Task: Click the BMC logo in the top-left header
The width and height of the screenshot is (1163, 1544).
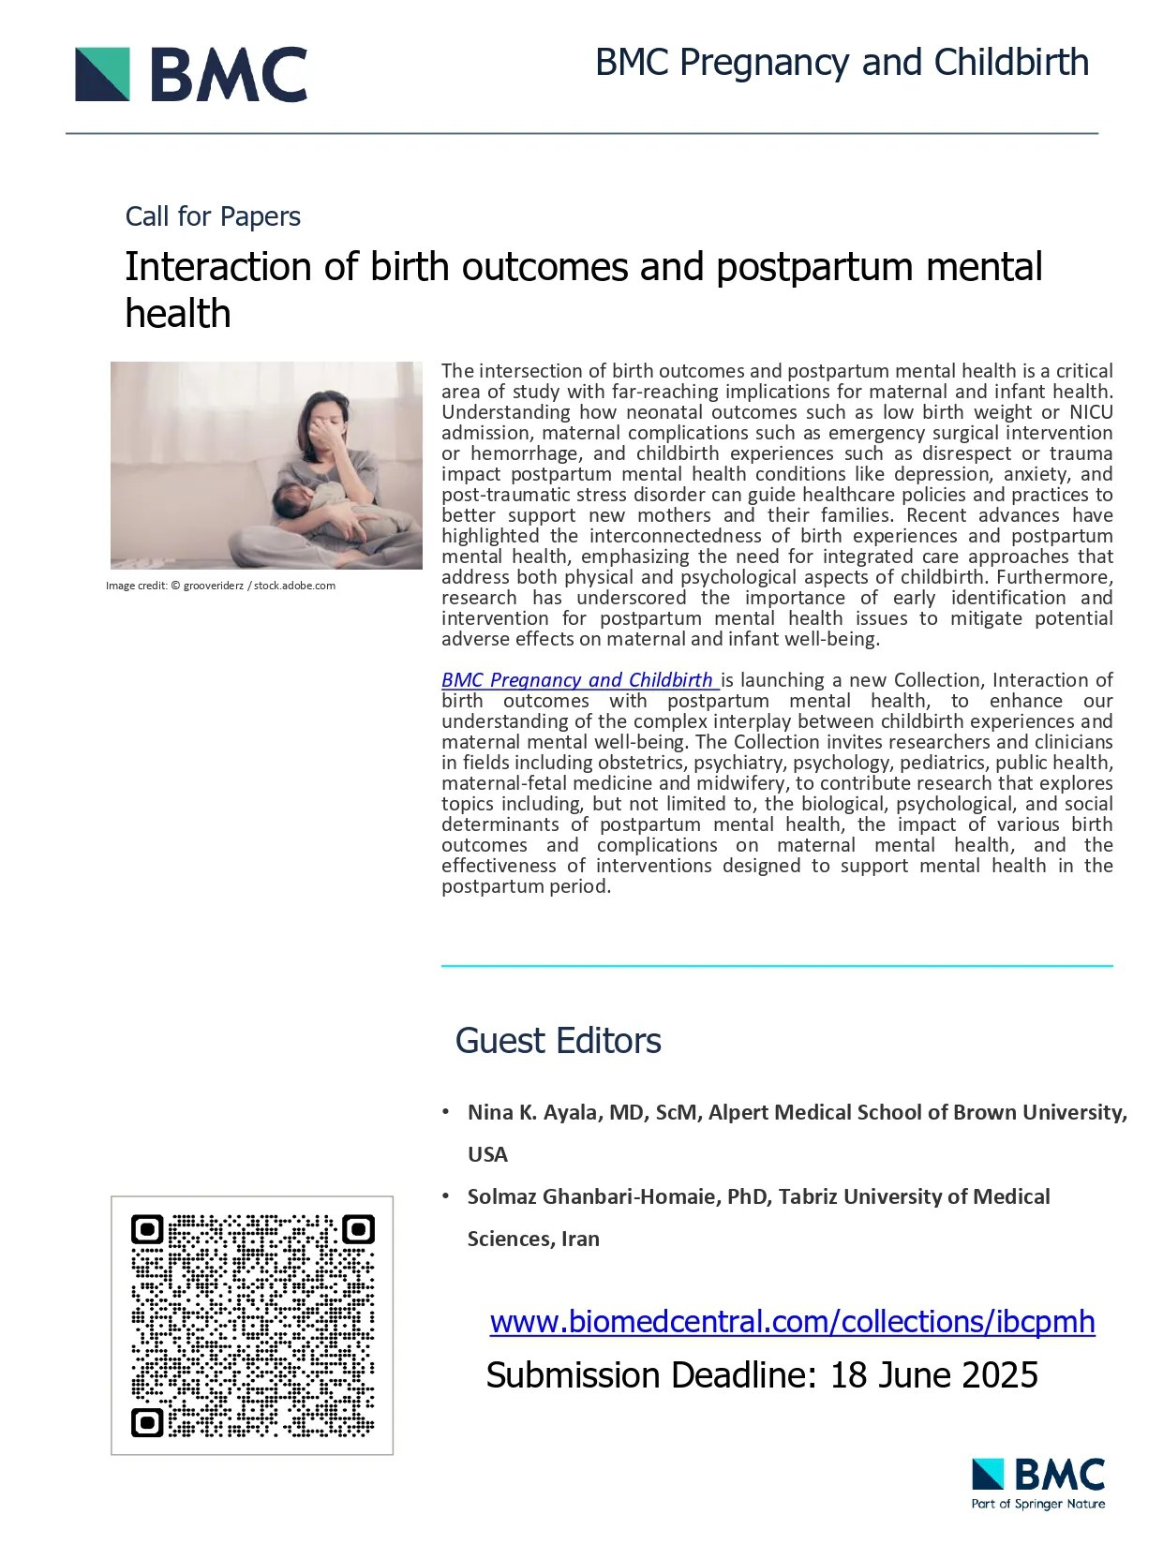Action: pos(191,74)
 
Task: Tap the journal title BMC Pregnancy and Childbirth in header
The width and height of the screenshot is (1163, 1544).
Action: pos(842,63)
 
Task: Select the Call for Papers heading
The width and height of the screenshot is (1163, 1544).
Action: pos(213,216)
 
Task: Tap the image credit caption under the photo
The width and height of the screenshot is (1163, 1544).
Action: pos(220,586)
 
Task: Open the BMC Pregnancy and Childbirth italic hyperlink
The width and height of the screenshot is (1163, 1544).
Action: pos(578,680)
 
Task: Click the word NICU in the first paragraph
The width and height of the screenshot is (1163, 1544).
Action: pos(1091,412)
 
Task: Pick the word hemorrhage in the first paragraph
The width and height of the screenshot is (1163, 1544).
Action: pos(525,453)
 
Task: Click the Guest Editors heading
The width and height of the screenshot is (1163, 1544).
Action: pos(558,1041)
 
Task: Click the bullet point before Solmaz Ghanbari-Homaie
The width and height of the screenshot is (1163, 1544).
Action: pos(446,1195)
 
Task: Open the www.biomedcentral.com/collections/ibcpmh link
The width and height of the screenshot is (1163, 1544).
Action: pos(792,1322)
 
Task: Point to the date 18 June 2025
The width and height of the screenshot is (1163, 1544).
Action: pos(934,1375)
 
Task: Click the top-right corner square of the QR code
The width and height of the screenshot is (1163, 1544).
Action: pos(359,1229)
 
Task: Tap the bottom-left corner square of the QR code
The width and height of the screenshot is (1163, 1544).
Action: pos(146,1422)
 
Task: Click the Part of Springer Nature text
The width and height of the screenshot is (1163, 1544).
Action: pos(1038,1504)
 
